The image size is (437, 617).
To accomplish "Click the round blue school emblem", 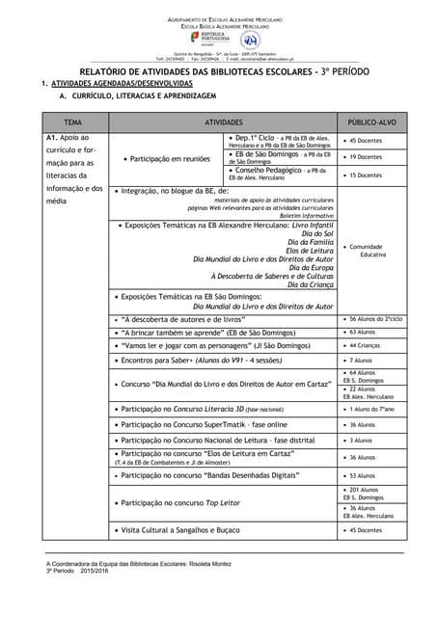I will coord(249,40).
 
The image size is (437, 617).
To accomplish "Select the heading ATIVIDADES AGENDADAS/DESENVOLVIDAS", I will coord(114,85).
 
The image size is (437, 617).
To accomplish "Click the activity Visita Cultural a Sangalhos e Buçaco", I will coord(184,530).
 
